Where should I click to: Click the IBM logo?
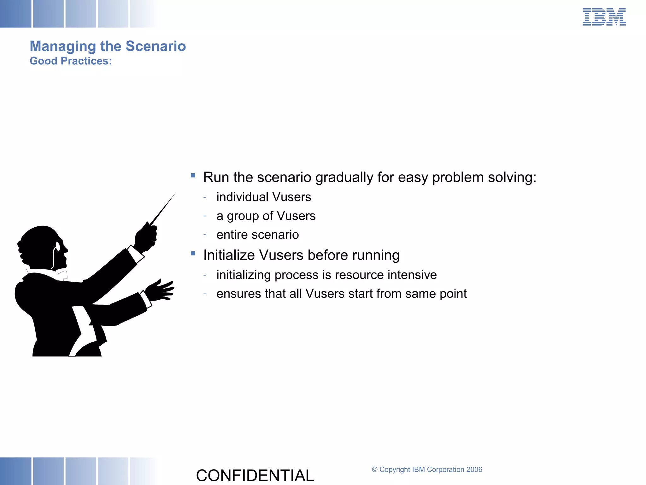pyautogui.click(x=604, y=17)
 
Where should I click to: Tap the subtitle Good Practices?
pyautogui.click(x=71, y=61)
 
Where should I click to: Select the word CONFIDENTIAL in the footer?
pyautogui.click(x=255, y=475)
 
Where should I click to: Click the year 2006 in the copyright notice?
pyautogui.click(x=474, y=470)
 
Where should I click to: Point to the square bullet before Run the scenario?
pyautogui.click(x=193, y=176)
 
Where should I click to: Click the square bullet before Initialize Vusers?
pyautogui.click(x=193, y=253)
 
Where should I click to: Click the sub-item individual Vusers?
pyautogui.click(x=264, y=197)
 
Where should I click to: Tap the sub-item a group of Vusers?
pyautogui.click(x=266, y=216)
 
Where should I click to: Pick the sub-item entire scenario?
pyautogui.click(x=257, y=235)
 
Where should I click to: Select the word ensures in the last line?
pyautogui.click(x=238, y=294)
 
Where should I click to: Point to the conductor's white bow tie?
pyautogui.click(x=62, y=274)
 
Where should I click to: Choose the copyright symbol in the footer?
pyautogui.click(x=374, y=470)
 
